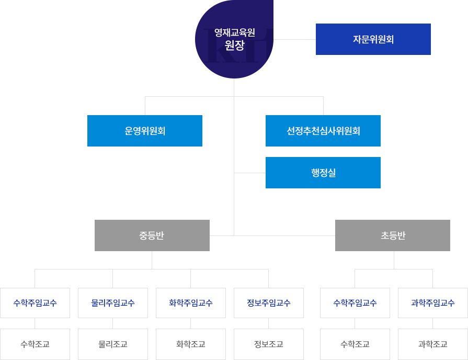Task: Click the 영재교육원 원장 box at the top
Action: (x=234, y=39)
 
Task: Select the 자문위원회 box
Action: (x=373, y=39)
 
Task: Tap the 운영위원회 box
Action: (x=144, y=130)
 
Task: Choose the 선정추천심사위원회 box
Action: (x=323, y=130)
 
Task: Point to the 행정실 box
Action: (x=323, y=172)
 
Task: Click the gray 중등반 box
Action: (x=152, y=235)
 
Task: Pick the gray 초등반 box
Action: (x=392, y=235)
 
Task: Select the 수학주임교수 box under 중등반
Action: (x=35, y=302)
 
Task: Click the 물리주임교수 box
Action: (x=113, y=302)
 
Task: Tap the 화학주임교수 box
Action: (x=191, y=302)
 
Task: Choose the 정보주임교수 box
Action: (x=269, y=302)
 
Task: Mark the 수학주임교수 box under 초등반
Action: (x=355, y=302)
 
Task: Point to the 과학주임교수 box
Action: (x=433, y=302)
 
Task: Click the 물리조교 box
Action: (x=113, y=344)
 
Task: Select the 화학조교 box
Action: (x=191, y=344)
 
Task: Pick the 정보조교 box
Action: (x=269, y=344)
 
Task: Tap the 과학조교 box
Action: (x=433, y=344)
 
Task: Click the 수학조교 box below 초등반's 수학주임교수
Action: (x=355, y=344)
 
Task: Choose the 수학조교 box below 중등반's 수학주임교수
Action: (x=35, y=344)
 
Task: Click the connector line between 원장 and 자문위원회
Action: (x=294, y=39)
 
